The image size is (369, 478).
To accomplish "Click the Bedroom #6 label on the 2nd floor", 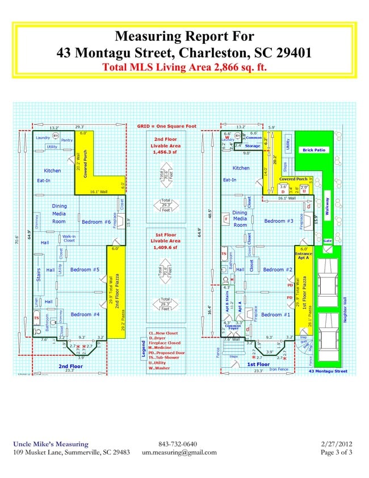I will [x=96, y=222].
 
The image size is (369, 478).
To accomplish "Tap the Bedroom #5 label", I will [x=85, y=269].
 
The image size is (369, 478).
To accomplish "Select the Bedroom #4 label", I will [x=85, y=314].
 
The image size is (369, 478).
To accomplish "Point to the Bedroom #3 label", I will [x=279, y=221].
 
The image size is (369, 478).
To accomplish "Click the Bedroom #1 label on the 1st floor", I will [x=275, y=314].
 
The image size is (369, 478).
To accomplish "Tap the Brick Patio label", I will [x=316, y=150].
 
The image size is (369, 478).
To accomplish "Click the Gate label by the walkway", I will [x=327, y=240].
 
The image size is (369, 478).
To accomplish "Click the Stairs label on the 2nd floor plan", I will [x=39, y=279].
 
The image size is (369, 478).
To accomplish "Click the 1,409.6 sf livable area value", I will [x=166, y=247].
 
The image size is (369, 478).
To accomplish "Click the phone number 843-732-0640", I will [x=178, y=444].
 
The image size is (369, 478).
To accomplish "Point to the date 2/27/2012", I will [x=336, y=444].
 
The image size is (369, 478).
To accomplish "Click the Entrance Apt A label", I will [x=304, y=253].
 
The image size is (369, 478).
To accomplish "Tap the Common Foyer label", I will [x=233, y=327].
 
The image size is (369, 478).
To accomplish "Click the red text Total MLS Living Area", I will [x=184, y=66].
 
